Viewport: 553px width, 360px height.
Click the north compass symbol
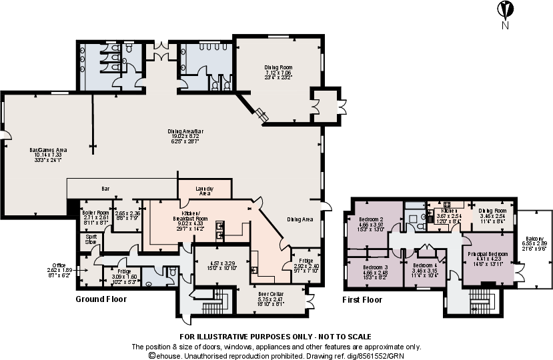(x=505, y=11)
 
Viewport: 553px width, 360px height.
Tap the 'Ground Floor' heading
(x=101, y=299)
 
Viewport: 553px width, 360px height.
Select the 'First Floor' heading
(x=362, y=300)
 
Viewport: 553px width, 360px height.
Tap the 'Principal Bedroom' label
(x=488, y=254)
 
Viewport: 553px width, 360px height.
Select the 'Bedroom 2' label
(x=370, y=219)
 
